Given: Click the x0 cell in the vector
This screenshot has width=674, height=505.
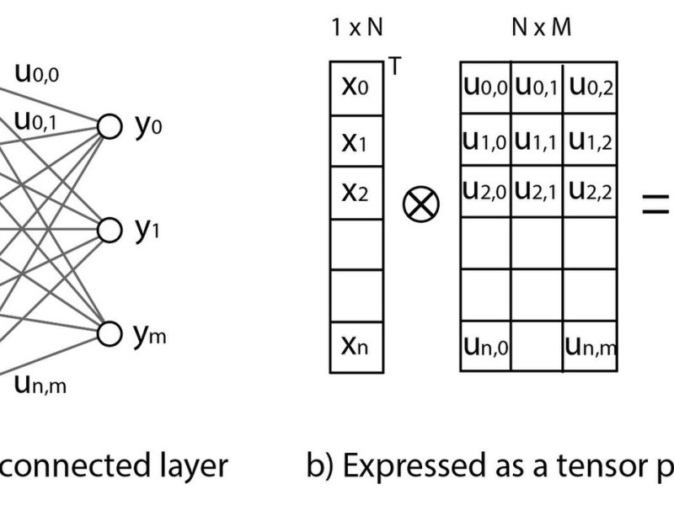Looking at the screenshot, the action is pos(356,88).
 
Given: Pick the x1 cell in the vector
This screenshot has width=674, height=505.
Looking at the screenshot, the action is pos(356,141).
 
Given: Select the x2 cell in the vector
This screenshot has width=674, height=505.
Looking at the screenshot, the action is pos(356,193).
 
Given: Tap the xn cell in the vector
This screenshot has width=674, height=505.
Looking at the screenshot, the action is pos(356,347).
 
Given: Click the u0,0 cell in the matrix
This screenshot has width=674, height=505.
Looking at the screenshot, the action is pos(485,88).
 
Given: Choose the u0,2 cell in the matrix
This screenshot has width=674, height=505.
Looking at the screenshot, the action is pos(590,88).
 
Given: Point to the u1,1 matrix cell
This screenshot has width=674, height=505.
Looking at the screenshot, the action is pos(537,140).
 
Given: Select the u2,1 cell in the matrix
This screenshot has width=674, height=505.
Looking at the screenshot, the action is pos(537,192).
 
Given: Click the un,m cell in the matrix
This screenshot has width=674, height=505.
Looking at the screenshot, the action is pos(590,346).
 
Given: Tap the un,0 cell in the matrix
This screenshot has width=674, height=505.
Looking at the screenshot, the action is pos(485,346).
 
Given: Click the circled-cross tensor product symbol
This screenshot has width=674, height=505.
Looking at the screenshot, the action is pos(421,204).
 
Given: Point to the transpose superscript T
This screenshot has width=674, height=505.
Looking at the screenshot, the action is pos(394,66).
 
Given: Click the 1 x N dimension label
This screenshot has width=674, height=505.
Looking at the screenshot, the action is pos(357,27).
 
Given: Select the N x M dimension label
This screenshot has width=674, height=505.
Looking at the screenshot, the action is pos(542,27).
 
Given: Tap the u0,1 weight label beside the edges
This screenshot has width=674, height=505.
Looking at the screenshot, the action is pos(35,121).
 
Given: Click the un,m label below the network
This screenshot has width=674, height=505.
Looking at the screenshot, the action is pos(40,385).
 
